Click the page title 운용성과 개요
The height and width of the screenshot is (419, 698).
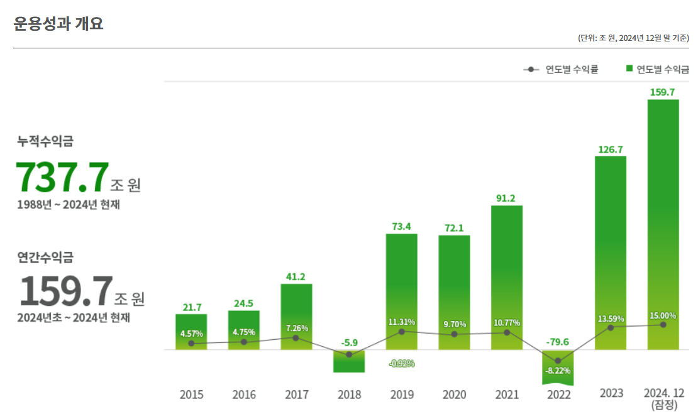[x=58, y=24]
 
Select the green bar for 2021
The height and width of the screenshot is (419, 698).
[x=507, y=276]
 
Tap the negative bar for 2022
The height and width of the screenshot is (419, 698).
[x=558, y=367]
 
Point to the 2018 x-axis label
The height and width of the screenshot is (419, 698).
[x=349, y=395]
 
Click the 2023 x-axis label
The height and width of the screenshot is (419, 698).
[x=611, y=393]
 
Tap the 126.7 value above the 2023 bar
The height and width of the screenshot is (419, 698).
[x=611, y=150]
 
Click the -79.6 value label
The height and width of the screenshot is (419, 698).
[x=558, y=342]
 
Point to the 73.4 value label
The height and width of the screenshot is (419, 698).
[x=401, y=227]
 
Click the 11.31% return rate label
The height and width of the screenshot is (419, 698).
[x=401, y=322]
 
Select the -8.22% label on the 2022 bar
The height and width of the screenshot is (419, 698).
[x=558, y=371]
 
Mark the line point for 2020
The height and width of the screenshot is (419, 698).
[x=454, y=334]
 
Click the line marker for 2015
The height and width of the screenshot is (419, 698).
[x=191, y=344]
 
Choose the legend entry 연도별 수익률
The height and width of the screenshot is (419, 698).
[x=561, y=69]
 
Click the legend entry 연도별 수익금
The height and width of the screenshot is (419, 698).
[x=657, y=69]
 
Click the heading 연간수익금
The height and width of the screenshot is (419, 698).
[x=45, y=257]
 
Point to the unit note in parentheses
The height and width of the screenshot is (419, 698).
[x=633, y=38]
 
